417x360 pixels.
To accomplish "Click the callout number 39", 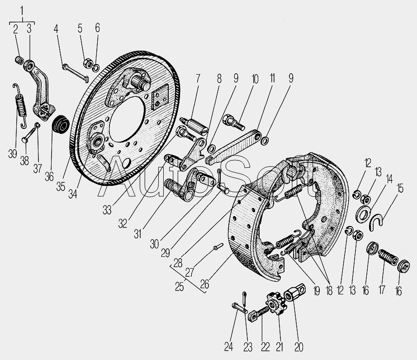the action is point(13,154).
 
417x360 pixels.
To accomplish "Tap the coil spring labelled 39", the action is point(20,106).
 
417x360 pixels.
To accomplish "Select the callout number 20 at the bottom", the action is point(299,347).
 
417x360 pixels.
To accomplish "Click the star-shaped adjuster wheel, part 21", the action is point(277,303).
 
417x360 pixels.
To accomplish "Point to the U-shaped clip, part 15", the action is point(376,222).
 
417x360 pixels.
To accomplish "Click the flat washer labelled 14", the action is point(363,214).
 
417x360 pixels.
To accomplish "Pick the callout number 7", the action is point(198,79).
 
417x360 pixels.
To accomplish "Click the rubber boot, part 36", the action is point(61,124).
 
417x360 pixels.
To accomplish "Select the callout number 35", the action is point(61,187).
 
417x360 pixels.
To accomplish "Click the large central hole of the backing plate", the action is point(127,119).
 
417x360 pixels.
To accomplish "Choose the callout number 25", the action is point(180,287).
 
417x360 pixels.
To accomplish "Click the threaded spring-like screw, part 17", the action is point(388,257).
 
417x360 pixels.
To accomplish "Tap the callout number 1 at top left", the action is point(22,11).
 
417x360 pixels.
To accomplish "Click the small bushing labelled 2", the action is point(19,60).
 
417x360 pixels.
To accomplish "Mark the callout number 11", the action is point(272,79).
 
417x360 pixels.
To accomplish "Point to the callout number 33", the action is point(107,211).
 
